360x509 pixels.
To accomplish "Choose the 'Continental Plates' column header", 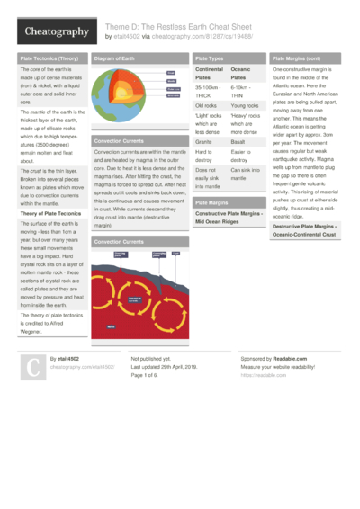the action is (210, 73).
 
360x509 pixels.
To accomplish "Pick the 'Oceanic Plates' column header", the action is (241, 73).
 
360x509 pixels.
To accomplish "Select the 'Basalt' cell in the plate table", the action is (240, 142).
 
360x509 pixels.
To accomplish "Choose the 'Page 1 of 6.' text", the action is (149, 375).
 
